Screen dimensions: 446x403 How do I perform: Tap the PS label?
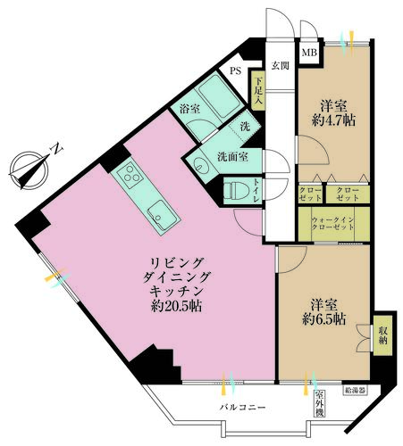coord(236,70)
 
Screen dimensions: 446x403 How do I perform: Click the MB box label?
coord(308,54)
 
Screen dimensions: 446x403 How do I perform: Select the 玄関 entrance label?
coord(280,65)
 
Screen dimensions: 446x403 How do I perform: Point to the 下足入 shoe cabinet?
coord(257,92)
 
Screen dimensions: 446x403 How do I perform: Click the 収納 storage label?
coord(381,334)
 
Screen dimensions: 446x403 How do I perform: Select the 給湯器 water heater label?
coord(355,390)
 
